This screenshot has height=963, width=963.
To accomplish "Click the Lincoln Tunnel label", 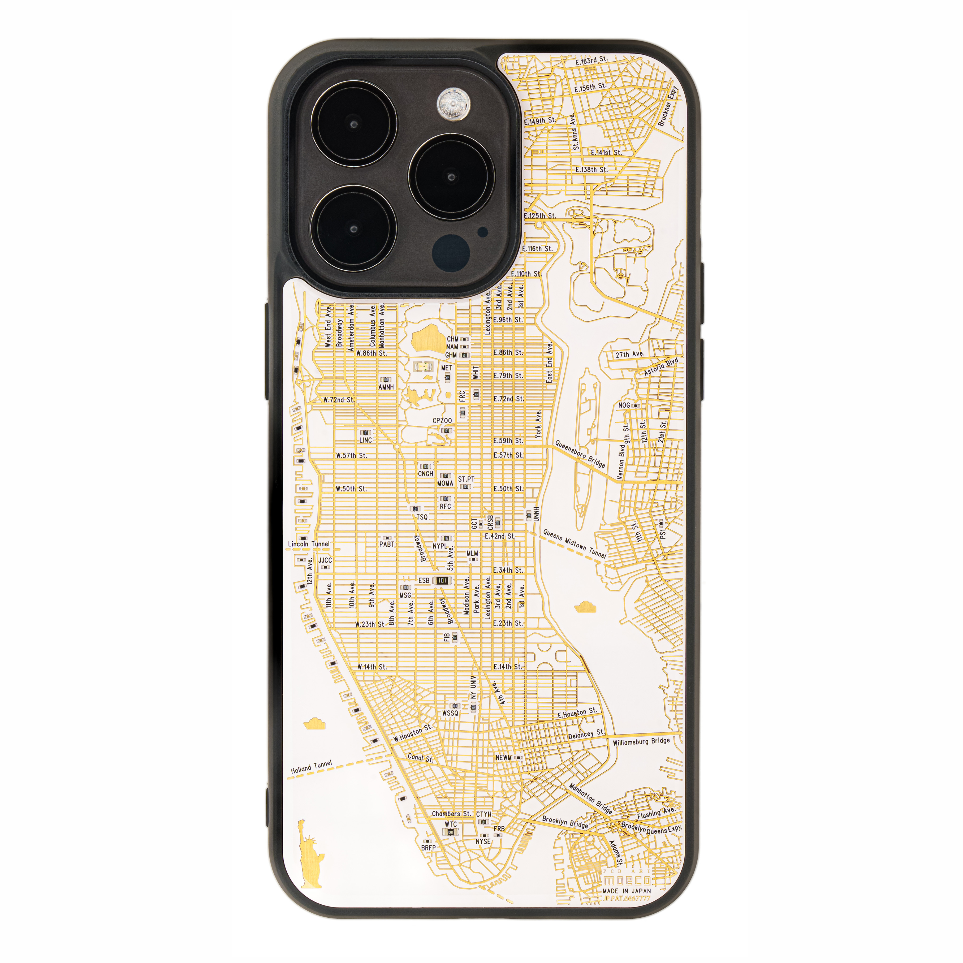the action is coord(309,544).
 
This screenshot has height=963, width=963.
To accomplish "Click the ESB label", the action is coord(424,580).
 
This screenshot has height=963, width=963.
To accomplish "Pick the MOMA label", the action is coord(445,483).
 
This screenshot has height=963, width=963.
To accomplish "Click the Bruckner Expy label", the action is coord(667,106).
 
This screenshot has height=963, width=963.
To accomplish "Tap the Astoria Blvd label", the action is coord(661,366).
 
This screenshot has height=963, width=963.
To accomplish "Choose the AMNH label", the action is coord(386,387).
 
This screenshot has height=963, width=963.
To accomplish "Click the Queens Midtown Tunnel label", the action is coord(575,543).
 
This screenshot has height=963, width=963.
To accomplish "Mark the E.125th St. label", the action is coord(540,216).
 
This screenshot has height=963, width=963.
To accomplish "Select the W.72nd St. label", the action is coord(338,400).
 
